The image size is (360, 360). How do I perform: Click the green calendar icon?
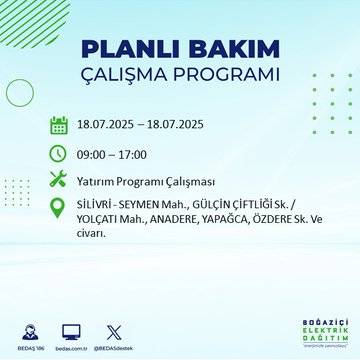coord(58,126)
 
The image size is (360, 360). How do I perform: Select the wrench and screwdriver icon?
coord(58,180)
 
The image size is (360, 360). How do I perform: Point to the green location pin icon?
coord(58,208)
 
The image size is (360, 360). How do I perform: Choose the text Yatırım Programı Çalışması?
coord(141,181)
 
